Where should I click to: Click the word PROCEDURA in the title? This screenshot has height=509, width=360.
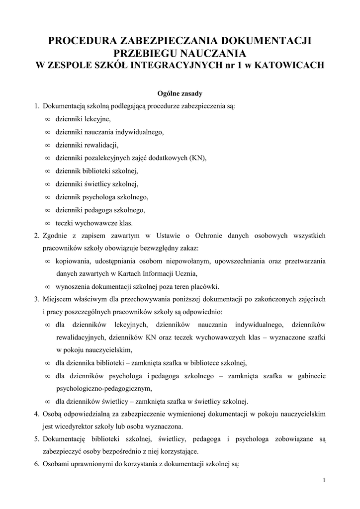coord(79,41)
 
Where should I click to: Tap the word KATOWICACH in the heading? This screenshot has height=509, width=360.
coord(289,65)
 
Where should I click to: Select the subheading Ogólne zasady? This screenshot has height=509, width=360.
coord(180,93)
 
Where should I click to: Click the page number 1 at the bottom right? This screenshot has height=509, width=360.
coord(324,480)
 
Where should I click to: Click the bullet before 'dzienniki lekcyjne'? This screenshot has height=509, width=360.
coord(47,119)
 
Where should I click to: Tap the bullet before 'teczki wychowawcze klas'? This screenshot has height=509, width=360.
coord(47,223)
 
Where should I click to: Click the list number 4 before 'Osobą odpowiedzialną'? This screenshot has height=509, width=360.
coord(36,414)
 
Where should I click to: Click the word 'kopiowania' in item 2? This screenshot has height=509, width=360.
coord(74,261)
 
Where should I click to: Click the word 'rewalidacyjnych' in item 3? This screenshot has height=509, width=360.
coord(80,337)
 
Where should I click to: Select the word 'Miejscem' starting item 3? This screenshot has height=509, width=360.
coord(58,300)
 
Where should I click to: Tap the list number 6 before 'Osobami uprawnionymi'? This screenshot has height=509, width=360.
coord(36,465)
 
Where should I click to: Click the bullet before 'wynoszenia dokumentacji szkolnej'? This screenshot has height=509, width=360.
coord(47,287)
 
